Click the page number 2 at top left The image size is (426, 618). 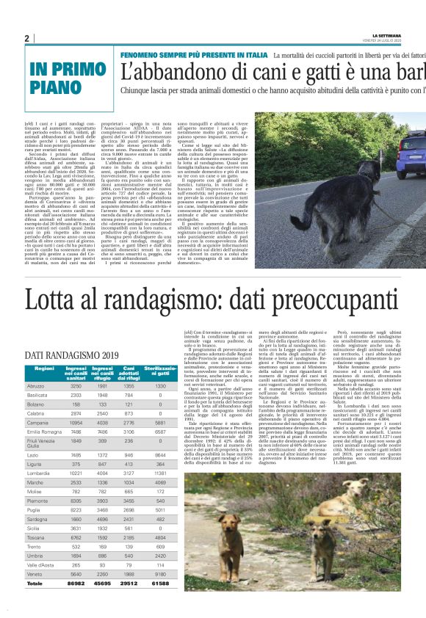pos(27,38)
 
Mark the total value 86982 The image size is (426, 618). pos(76,583)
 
